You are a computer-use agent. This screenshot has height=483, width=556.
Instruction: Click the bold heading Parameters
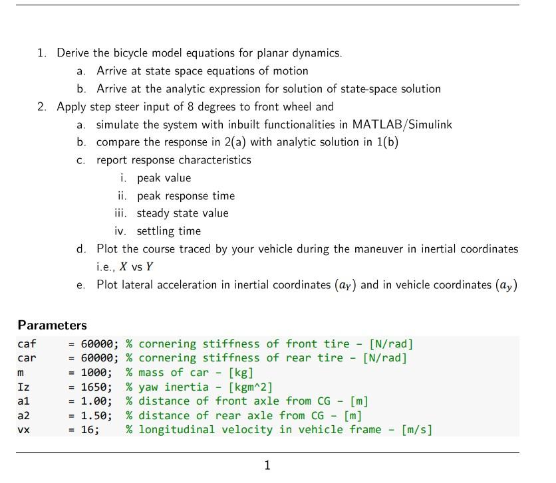pyautogui.click(x=52, y=326)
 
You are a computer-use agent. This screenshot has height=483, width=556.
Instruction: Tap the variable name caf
pyautogui.click(x=27, y=344)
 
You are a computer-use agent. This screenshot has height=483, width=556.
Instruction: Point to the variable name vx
pyautogui.click(x=24, y=430)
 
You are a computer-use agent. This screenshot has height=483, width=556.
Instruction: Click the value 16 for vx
pyautogui.click(x=88, y=430)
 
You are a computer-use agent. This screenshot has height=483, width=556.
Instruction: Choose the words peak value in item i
pyautogui.click(x=164, y=178)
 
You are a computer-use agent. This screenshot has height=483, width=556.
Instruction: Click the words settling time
pyautogui.click(x=168, y=231)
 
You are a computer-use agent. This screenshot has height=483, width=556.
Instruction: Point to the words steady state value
pyautogui.click(x=182, y=213)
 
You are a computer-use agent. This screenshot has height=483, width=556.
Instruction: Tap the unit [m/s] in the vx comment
pyautogui.click(x=416, y=430)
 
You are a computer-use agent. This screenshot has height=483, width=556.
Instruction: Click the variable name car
pyautogui.click(x=27, y=358)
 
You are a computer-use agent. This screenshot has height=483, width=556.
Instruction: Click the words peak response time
pyautogui.click(x=186, y=196)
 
